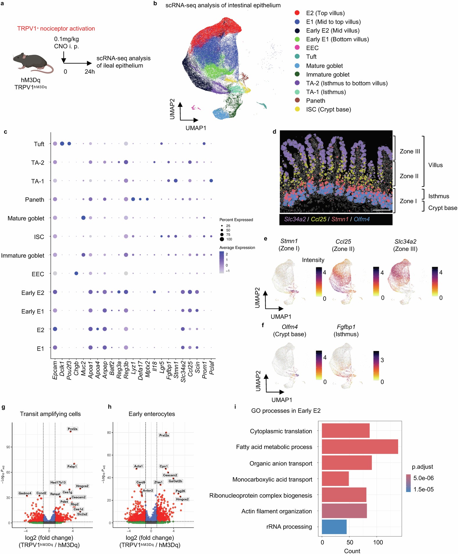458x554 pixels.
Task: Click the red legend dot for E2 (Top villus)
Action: (x=297, y=13)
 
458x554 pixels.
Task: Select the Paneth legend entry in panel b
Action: (x=315, y=101)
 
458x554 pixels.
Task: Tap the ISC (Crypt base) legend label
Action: (x=328, y=109)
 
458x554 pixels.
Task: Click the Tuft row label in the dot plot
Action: (x=39, y=144)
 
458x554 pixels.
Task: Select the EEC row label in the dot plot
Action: (x=38, y=274)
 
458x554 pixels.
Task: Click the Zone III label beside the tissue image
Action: (x=410, y=151)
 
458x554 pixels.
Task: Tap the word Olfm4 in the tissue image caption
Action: (x=362, y=219)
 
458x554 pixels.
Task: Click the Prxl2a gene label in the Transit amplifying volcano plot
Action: (x=72, y=429)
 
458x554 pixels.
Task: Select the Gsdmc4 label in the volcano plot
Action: (x=25, y=493)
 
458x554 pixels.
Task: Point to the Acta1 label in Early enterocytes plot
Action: (x=138, y=466)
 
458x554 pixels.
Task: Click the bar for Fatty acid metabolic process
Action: (x=360, y=447)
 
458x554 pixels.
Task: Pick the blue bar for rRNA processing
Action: (x=334, y=527)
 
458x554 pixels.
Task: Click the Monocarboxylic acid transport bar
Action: (x=335, y=479)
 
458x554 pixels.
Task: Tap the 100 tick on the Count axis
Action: (x=378, y=542)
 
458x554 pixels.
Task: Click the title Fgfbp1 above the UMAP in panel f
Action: (x=346, y=327)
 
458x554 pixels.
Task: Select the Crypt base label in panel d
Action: (x=442, y=208)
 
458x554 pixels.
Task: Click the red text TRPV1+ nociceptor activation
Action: (x=56, y=28)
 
